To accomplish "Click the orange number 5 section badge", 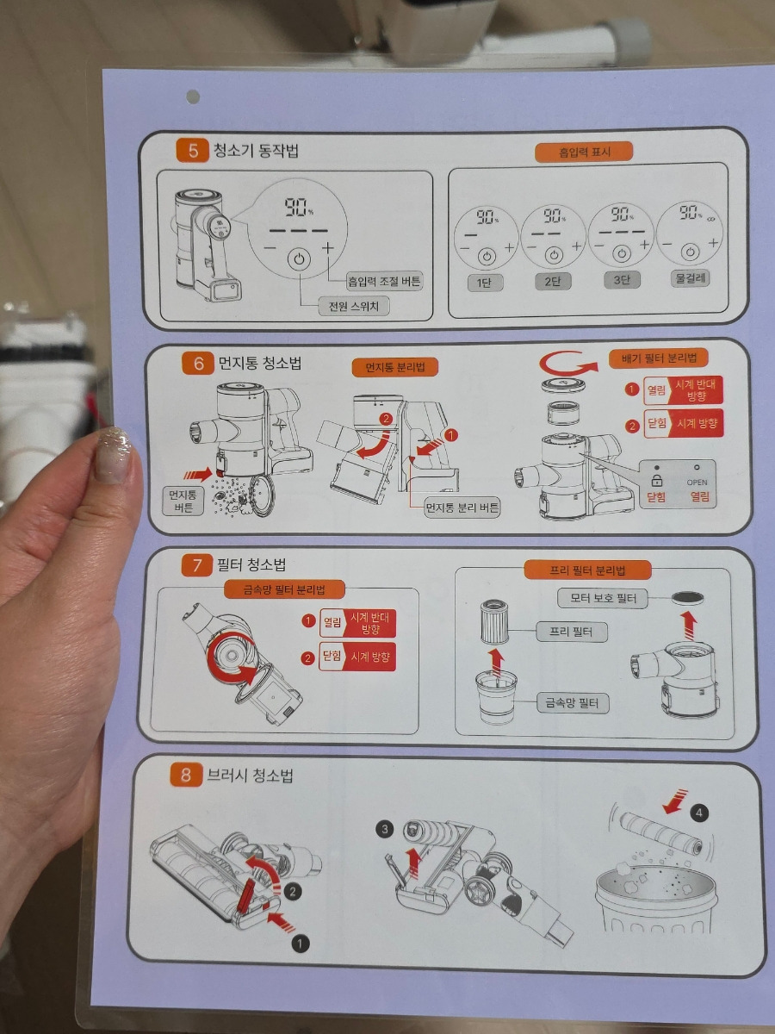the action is (192, 150).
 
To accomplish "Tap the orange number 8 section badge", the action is (185, 775).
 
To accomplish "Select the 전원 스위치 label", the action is (353, 306).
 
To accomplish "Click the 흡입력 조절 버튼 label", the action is (384, 281).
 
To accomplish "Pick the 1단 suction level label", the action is (484, 282).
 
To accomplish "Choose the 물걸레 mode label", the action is (690, 278).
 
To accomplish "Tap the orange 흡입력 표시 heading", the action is (584, 152).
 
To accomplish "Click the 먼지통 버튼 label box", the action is (183, 501).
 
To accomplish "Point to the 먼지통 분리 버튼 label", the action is (462, 508).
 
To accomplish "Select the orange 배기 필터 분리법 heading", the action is (658, 358).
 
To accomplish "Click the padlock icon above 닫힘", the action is (657, 481).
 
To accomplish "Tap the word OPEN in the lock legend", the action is (697, 482).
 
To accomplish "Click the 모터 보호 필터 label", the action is (603, 598).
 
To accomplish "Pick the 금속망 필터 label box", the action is (572, 703).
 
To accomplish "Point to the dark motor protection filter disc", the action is (687, 598).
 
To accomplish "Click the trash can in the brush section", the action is (656, 899).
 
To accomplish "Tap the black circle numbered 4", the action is (698, 813).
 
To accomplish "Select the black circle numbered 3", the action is (385, 829).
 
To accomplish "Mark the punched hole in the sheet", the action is (193, 97).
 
